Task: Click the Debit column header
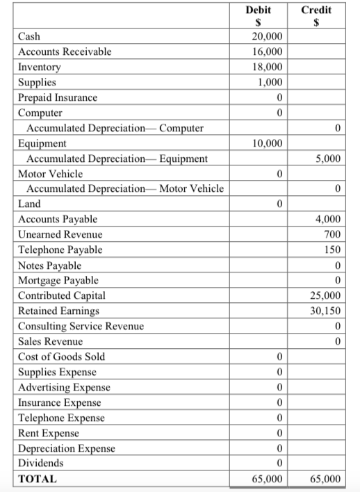(259, 10)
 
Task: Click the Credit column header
(318, 10)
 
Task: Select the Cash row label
(29, 36)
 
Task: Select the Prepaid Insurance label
(58, 97)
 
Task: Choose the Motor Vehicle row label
(50, 174)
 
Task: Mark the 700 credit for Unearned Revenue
(334, 234)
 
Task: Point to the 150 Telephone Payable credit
(334, 249)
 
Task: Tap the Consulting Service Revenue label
(81, 326)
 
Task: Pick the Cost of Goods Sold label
(62, 356)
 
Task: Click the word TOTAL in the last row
(38, 479)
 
